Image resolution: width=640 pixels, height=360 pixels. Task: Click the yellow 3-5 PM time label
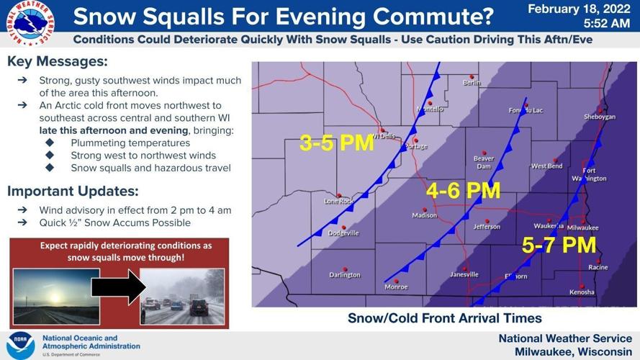click(x=337, y=143)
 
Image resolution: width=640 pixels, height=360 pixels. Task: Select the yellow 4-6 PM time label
click(x=463, y=192)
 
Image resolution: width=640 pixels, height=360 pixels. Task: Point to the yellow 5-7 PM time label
click(x=559, y=246)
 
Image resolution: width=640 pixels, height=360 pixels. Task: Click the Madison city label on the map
click(x=424, y=215)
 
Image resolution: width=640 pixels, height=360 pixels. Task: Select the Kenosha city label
click(x=582, y=292)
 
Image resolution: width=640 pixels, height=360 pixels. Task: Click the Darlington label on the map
click(x=345, y=274)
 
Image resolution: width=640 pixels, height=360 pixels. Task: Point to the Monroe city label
click(x=395, y=287)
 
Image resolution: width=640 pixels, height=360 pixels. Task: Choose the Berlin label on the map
click(x=472, y=83)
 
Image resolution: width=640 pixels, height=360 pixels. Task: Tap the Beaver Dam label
click(x=483, y=162)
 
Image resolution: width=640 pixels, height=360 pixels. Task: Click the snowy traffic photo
click(x=181, y=295)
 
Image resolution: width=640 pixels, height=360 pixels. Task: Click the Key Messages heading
click(x=57, y=63)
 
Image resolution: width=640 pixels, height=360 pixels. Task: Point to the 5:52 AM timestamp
click(x=605, y=24)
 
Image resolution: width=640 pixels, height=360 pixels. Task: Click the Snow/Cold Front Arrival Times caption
click(x=444, y=318)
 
